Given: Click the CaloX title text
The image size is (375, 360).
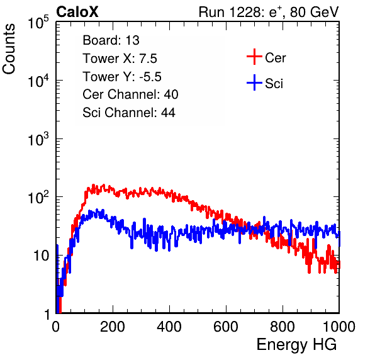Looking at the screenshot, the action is [x=77, y=12].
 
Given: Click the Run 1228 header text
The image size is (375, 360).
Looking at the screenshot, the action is [x=269, y=12].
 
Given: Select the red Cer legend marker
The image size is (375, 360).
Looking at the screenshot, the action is [x=254, y=57].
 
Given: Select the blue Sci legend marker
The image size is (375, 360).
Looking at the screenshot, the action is [x=254, y=82].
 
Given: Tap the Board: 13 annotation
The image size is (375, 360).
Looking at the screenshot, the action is [x=111, y=40].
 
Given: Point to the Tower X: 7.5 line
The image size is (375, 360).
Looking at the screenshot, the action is [x=120, y=59].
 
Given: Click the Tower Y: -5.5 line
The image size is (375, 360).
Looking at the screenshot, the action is [x=122, y=77].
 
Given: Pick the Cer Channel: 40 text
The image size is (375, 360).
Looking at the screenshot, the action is [x=130, y=94].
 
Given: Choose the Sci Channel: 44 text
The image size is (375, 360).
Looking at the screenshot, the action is [x=129, y=113].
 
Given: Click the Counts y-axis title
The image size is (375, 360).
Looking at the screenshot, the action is [x=9, y=49].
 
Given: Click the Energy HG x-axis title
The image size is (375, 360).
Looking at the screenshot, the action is [x=296, y=345].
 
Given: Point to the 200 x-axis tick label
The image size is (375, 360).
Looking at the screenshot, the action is [x=113, y=327].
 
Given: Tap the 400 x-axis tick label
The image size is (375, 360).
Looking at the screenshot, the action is [x=169, y=327].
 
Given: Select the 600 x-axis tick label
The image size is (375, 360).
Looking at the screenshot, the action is [x=226, y=327].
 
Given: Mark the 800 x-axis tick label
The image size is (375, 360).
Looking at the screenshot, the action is [x=283, y=327].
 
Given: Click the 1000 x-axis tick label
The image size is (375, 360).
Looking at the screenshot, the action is [x=339, y=327].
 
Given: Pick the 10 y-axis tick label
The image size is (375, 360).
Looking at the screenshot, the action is [x=42, y=256].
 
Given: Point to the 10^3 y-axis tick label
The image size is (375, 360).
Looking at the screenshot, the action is [x=38, y=139].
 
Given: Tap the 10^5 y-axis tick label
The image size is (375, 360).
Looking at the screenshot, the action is [x=38, y=23].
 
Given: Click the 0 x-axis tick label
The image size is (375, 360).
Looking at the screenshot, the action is [x=56, y=327].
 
